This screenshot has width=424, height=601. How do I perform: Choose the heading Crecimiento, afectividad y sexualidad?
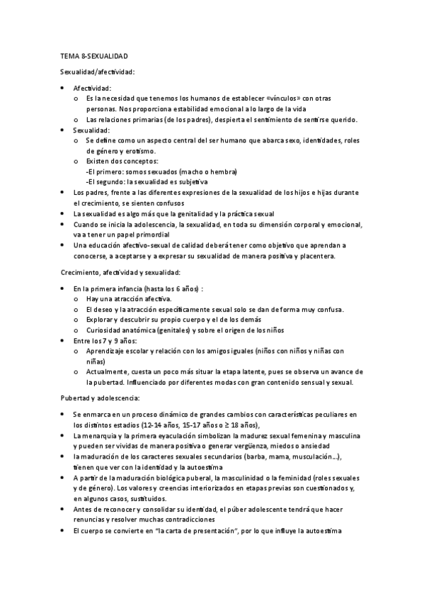120,272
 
